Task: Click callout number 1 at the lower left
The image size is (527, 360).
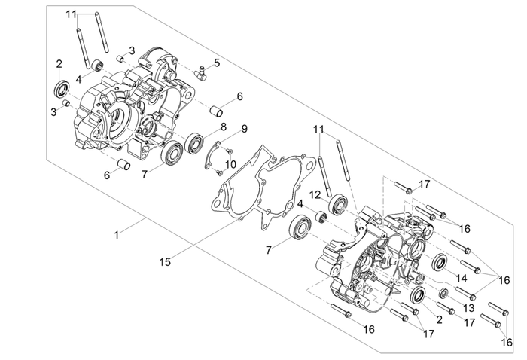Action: click(x=117, y=235)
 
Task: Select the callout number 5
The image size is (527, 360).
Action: click(x=217, y=63)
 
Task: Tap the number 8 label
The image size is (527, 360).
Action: click(x=223, y=127)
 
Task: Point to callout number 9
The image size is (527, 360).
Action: click(x=244, y=129)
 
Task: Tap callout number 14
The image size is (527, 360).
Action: click(x=462, y=278)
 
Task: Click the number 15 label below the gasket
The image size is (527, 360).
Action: click(x=165, y=262)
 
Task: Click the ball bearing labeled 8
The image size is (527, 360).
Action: click(x=196, y=141)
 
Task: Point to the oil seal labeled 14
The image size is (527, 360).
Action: click(x=439, y=263)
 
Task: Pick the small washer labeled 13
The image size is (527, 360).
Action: click(x=443, y=292)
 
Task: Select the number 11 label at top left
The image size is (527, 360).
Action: click(x=71, y=14)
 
